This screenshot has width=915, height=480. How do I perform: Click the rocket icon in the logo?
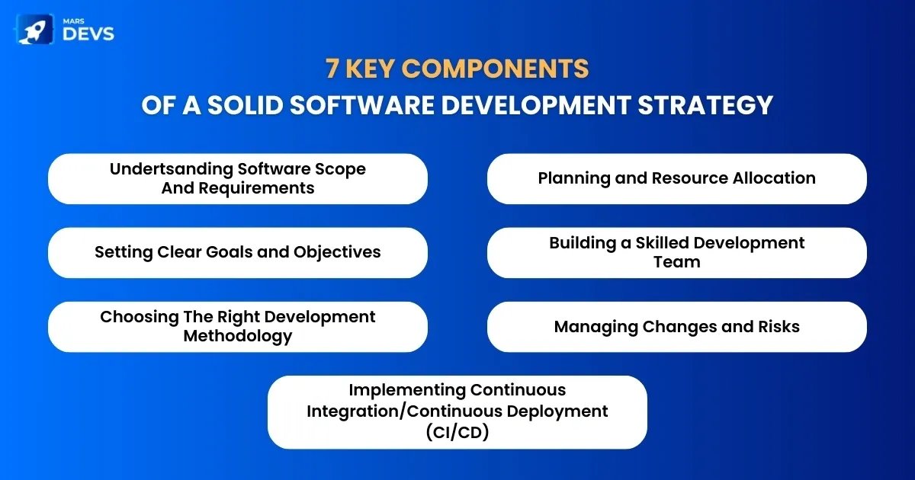[35, 30]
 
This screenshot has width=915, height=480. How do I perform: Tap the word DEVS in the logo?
[88, 34]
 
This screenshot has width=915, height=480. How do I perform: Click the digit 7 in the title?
[332, 68]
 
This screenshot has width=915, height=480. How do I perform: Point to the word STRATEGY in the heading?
[705, 105]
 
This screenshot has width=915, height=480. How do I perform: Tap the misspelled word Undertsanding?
[171, 169]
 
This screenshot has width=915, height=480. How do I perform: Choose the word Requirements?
[256, 188]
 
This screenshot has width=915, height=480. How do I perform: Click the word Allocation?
[774, 178]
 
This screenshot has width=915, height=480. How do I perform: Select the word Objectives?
[337, 252]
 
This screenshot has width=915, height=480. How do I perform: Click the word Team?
[677, 262]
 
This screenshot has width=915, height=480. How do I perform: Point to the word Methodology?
[238, 336]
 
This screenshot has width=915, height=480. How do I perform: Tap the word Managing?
[596, 327]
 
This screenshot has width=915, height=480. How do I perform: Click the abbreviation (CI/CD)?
[457, 433]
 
